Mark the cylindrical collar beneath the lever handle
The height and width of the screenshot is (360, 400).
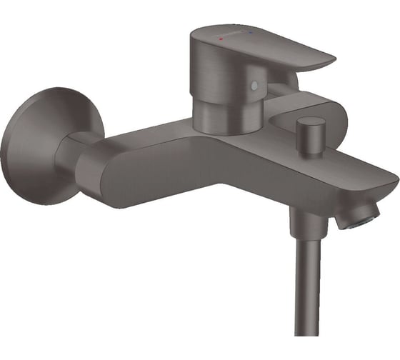click(x=221, y=114)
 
